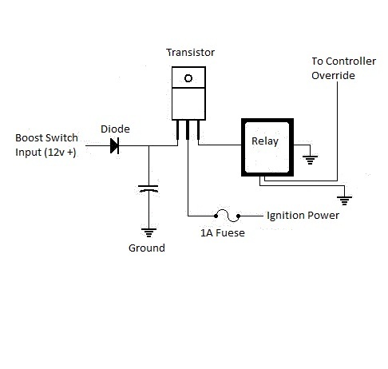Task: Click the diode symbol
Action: tap(115, 145)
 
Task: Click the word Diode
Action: tap(115, 129)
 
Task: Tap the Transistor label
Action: tap(191, 53)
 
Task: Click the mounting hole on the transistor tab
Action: tap(188, 78)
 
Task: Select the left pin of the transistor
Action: tap(177, 130)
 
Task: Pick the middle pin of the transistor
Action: tap(188, 130)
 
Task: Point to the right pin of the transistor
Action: tap(198, 130)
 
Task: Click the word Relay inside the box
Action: tap(265, 141)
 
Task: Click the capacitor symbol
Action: tap(148, 188)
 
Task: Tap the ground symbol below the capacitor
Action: tap(148, 232)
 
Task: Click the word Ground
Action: tap(147, 248)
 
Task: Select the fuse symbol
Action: tap(227, 216)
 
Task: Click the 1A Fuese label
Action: tap(223, 233)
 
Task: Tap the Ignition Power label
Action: tap(303, 216)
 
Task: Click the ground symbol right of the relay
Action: tap(310, 160)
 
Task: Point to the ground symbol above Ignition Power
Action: tap(345, 200)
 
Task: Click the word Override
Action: tap(333, 76)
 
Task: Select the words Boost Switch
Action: tap(46, 138)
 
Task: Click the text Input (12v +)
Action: tap(46, 153)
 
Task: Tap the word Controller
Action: tap(350, 61)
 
